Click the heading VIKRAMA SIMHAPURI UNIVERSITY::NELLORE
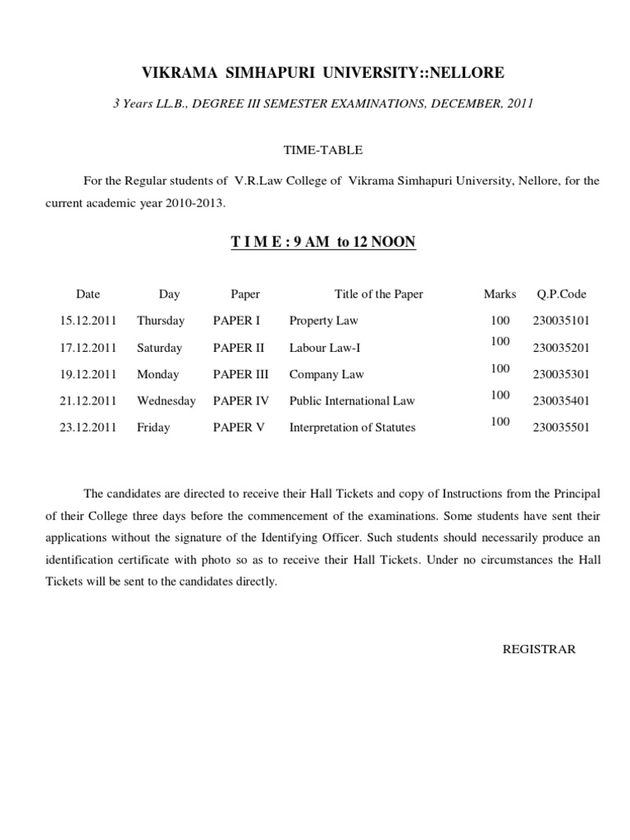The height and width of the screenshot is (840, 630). pos(323,74)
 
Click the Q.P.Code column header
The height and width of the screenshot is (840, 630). pos(562,294)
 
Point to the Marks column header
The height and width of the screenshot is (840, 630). pos(500,294)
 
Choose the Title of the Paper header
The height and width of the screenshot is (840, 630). pos(379,294)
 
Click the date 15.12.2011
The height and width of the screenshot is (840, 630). pos(89,321)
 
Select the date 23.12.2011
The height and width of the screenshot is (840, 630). pos(89,427)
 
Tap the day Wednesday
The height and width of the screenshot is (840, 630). pos(167,401)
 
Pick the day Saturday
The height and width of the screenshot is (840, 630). pos(159,348)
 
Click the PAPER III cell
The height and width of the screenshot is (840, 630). pos(240,374)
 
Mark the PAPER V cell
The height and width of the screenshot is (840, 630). pos(238,427)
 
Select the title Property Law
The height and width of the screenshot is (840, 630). pos(324,321)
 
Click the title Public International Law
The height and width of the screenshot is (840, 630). pos(352,401)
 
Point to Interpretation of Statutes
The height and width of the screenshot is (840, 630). pos(352,427)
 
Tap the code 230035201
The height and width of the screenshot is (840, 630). pos(561,348)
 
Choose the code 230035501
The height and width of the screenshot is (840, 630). pos(561,427)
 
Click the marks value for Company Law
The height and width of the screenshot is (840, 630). pos(500,369)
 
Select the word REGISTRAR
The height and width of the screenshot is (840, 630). pos(539,649)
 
